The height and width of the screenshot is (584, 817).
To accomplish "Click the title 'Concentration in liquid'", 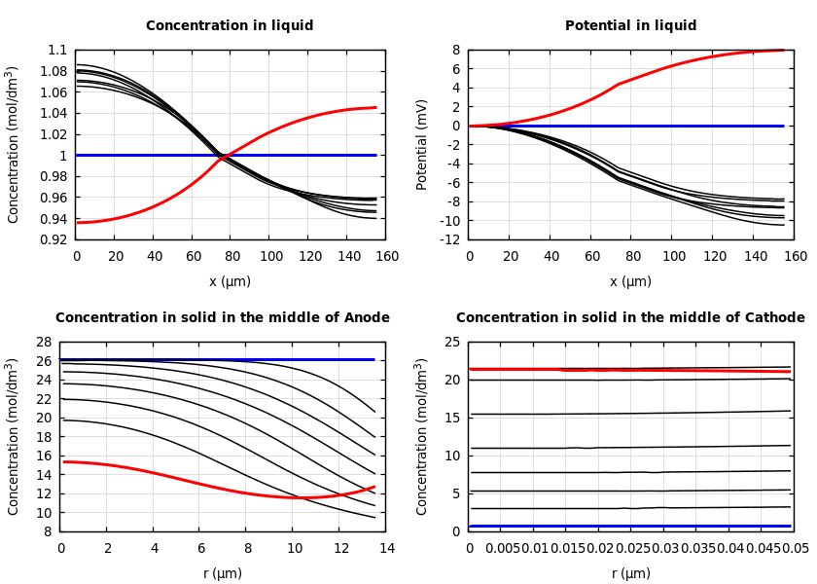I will pyautogui.click(x=230, y=26).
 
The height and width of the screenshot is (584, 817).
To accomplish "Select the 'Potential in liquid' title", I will pyautogui.click(x=630, y=26).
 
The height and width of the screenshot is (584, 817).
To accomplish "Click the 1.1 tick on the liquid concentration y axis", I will pyautogui.click(x=57, y=51).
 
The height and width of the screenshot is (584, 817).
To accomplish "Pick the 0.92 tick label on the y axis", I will pyautogui.click(x=53, y=239).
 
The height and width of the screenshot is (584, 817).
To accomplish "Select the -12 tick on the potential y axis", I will pyautogui.click(x=448, y=239).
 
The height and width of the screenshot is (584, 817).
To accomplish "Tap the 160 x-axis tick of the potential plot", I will pyautogui.click(x=796, y=256).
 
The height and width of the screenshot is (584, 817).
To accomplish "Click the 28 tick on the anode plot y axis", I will pyautogui.click(x=43, y=343).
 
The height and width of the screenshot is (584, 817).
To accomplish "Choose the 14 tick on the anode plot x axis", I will pyautogui.click(x=386, y=548).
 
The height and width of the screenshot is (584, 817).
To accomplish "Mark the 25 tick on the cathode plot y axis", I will pyautogui.click(x=451, y=343).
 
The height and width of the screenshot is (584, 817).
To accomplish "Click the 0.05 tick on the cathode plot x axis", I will pyautogui.click(x=795, y=548).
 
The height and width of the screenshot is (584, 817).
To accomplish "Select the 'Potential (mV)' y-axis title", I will pyautogui.click(x=422, y=144).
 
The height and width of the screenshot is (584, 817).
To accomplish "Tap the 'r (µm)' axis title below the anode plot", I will pyautogui.click(x=223, y=573).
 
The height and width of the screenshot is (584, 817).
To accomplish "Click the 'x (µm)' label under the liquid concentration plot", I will pyautogui.click(x=230, y=281).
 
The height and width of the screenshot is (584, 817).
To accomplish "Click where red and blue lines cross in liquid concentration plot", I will pyautogui.click(x=225, y=155).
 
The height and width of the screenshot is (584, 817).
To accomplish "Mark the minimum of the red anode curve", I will pyautogui.click(x=294, y=497).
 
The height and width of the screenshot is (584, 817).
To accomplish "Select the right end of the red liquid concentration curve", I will pyautogui.click(x=375, y=108).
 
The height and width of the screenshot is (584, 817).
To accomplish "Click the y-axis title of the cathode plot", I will pyautogui.click(x=422, y=436).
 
